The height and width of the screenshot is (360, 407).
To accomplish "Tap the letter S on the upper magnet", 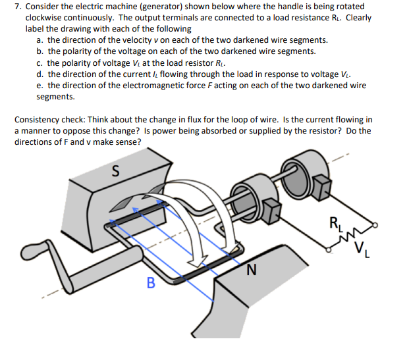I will tap(116, 173).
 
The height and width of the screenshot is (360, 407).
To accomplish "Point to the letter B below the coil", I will tap(150, 284).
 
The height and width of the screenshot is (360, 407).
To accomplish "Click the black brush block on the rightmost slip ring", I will tap(321, 186).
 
